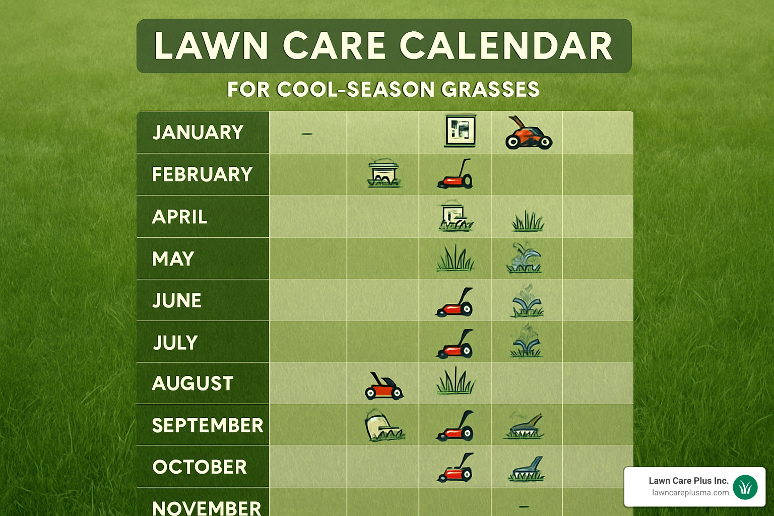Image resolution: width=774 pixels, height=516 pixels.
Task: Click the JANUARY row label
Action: coord(198,133)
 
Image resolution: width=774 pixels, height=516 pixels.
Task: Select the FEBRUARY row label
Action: coord(202,175)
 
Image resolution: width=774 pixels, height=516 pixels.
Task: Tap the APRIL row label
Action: coord(180,217)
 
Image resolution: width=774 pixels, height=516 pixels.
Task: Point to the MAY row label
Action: coord(173,259)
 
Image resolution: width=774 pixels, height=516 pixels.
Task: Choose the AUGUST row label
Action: coord(192,383)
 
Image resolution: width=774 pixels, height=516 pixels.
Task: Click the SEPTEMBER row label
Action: coord(208,426)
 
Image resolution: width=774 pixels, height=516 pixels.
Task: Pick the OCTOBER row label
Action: coord(200,467)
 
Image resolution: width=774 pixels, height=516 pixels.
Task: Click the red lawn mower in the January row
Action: coord(528,134)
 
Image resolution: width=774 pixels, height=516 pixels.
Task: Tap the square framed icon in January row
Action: coord(460,131)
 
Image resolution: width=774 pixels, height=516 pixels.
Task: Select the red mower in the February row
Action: coord(456,175)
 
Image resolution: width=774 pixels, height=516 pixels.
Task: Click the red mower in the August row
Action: coord(384,387)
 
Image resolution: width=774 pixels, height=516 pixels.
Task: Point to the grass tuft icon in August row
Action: coord(456,381)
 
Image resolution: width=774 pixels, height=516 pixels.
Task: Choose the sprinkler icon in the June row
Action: coord(527,301)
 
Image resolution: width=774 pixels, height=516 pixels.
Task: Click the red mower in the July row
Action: coord(455,345)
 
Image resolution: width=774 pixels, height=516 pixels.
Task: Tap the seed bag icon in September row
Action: coord(383,426)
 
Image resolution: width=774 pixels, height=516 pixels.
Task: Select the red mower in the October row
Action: coord(456,468)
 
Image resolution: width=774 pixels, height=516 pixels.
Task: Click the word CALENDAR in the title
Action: coord(506,46)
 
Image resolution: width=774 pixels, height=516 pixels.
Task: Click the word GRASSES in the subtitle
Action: coord(490,90)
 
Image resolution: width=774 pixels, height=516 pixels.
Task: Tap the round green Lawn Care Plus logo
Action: coord(745,487)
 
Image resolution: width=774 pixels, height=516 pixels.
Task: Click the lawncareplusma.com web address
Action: coord(690,493)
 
